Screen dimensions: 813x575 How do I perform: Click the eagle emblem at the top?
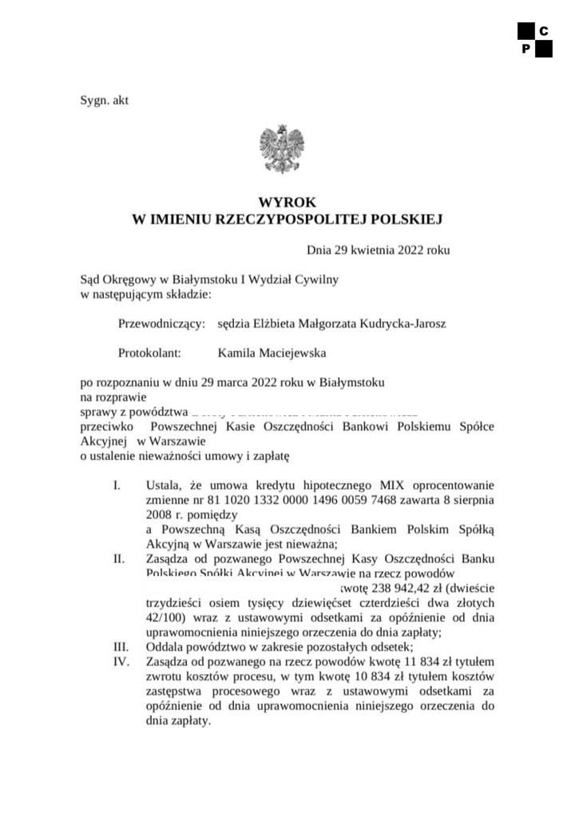point(282,149)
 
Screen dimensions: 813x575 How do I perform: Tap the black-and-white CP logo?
point(534,40)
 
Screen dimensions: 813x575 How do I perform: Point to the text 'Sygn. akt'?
point(105,101)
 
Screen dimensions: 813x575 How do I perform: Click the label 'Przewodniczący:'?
point(161,323)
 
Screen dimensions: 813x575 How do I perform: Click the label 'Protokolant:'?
point(151,351)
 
